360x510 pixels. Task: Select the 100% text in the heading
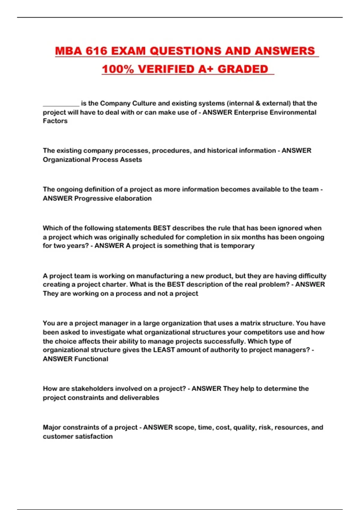[x=118, y=69]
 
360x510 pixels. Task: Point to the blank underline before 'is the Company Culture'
[x=61, y=104]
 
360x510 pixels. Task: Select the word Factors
[x=55, y=121]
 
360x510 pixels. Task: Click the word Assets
[x=131, y=160]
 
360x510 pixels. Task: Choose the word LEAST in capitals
[x=164, y=350]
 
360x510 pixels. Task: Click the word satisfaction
[x=95, y=436]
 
